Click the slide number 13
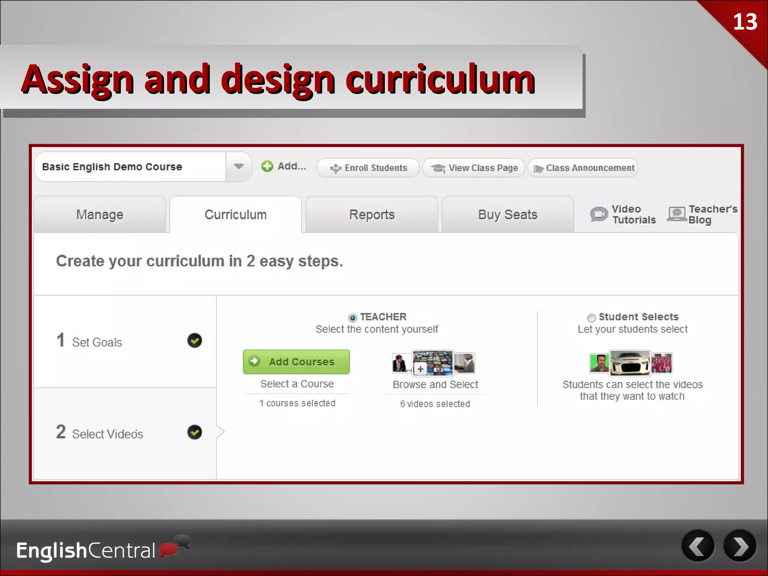(x=745, y=22)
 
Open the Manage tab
(x=99, y=214)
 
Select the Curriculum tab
(x=235, y=214)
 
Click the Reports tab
(x=372, y=214)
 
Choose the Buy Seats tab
(x=508, y=214)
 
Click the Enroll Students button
(x=368, y=168)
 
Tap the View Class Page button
(x=474, y=168)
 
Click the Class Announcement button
(x=583, y=168)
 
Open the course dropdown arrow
(x=238, y=166)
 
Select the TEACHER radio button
(x=352, y=318)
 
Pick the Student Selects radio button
(x=591, y=318)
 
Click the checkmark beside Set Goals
(x=195, y=340)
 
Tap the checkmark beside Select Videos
(x=195, y=432)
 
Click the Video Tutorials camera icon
(x=599, y=214)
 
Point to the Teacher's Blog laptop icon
(x=676, y=214)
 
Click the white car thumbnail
(x=630, y=363)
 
